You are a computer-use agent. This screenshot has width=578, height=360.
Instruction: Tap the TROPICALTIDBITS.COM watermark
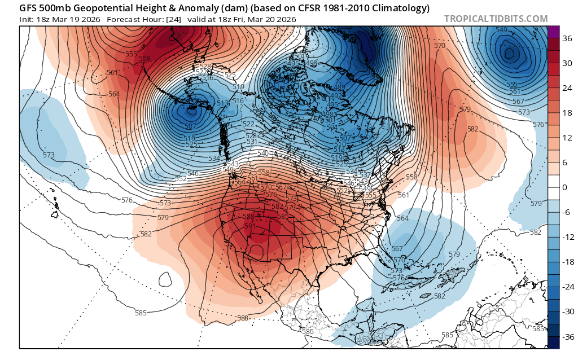pyautogui.click(x=496, y=19)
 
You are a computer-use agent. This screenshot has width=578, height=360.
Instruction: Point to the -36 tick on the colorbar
pyautogui.click(x=567, y=336)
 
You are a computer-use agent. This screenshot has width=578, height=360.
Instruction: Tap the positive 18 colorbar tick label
pyautogui.click(x=566, y=113)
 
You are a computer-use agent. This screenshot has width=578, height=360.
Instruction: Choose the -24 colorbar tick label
pyautogui.click(x=567, y=287)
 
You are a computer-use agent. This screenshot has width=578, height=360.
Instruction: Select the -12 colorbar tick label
pyautogui.click(x=567, y=237)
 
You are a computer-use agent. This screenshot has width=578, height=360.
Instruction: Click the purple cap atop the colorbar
pyautogui.click(x=554, y=32)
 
